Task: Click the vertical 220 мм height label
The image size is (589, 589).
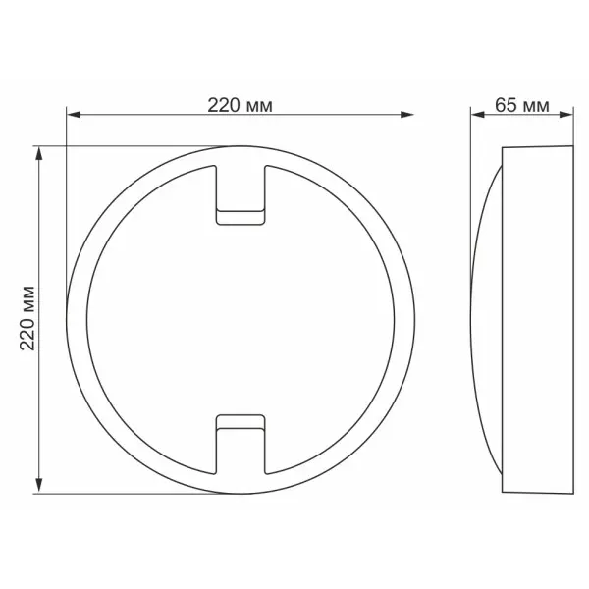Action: (27, 318)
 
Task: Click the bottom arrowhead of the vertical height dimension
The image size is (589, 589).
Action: (40, 484)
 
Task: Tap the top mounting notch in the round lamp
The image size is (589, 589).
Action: (240, 191)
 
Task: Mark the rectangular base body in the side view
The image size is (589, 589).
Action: (537, 318)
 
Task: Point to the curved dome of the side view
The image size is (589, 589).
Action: (488, 318)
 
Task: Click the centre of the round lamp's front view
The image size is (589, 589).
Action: (240, 318)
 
